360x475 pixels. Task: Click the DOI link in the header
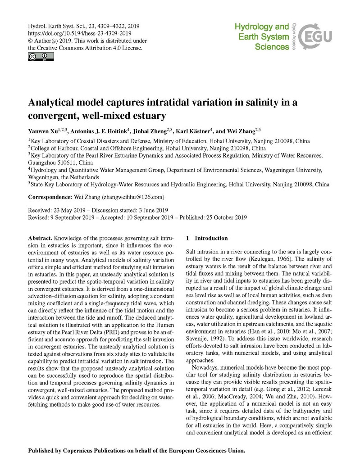(80, 33)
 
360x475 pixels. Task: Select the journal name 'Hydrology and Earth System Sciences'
(262, 37)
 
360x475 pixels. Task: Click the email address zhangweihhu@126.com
(133, 197)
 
